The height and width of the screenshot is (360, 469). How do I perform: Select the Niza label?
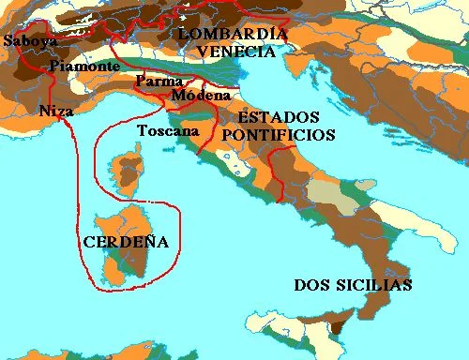[x=56, y=111]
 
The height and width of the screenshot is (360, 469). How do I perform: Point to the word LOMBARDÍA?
[x=233, y=35]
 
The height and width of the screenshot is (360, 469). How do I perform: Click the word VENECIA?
[x=233, y=52]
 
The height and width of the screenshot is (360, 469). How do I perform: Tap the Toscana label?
[x=168, y=130]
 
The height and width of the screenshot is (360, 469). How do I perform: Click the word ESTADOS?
[x=279, y=118]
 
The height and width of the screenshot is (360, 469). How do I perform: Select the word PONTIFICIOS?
[x=278, y=135]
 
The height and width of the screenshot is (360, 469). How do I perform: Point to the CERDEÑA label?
[x=126, y=242]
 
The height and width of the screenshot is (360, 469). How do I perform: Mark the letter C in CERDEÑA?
[x=89, y=242]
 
